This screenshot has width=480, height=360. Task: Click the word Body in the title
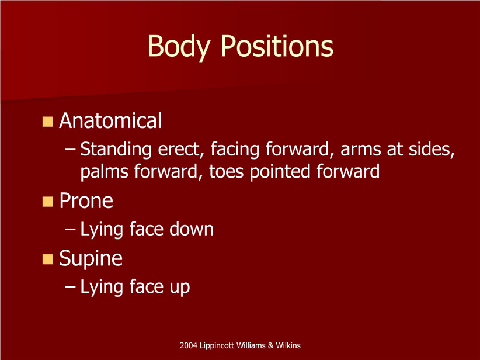[x=179, y=47]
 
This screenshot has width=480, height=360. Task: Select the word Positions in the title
[x=277, y=46]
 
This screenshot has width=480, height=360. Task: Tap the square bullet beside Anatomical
[x=47, y=122]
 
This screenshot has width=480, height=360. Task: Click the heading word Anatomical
[x=110, y=120]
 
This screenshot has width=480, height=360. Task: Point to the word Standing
[x=116, y=150]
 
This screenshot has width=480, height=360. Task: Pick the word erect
[x=181, y=150]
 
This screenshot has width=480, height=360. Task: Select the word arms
[x=361, y=150]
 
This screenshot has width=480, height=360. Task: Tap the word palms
[x=105, y=172]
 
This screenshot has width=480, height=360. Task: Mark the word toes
[x=226, y=172]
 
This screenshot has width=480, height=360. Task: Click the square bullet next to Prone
[x=47, y=202]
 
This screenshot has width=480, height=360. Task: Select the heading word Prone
[x=86, y=200]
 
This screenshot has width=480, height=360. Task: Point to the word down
[x=192, y=229]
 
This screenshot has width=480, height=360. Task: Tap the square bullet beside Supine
[x=47, y=259]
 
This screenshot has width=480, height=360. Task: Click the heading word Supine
[x=91, y=259]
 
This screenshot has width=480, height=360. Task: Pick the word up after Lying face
[x=180, y=288]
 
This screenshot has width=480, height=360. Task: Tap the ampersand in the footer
[x=270, y=345]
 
